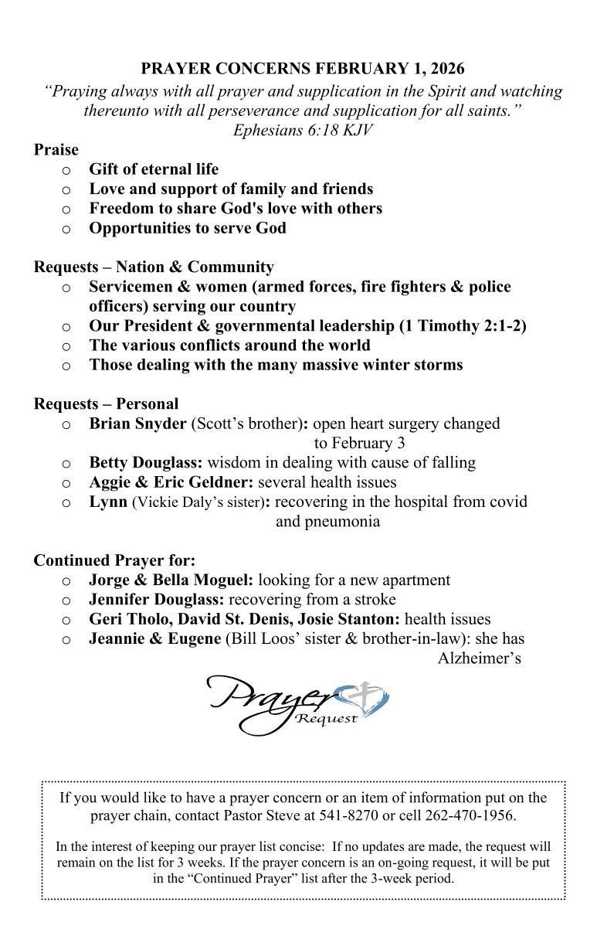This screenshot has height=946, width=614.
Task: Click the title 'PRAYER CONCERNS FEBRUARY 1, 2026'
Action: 303,70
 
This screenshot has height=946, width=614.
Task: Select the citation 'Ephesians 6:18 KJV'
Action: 303,130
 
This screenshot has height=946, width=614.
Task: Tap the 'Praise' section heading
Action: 56,150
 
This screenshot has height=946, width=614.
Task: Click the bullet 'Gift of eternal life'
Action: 154,169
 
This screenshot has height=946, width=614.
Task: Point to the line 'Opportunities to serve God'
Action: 188,228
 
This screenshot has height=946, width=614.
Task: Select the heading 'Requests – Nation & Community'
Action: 153,267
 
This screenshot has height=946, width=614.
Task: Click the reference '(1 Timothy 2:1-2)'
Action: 462,325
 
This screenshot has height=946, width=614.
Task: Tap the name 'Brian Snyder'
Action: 137,424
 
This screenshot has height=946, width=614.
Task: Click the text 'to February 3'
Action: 359,443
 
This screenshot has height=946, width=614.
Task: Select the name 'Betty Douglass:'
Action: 146,463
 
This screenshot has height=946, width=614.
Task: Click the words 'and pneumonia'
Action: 327,521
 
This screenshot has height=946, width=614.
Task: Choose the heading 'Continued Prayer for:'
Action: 114,560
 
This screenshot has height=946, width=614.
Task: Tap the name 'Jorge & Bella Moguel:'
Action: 171,580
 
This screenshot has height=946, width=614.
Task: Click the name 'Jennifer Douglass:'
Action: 157,600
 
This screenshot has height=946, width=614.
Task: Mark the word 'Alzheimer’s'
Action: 479,658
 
